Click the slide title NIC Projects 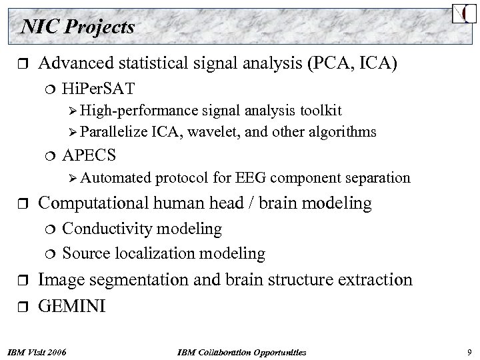(78, 27)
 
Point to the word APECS (89, 155)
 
